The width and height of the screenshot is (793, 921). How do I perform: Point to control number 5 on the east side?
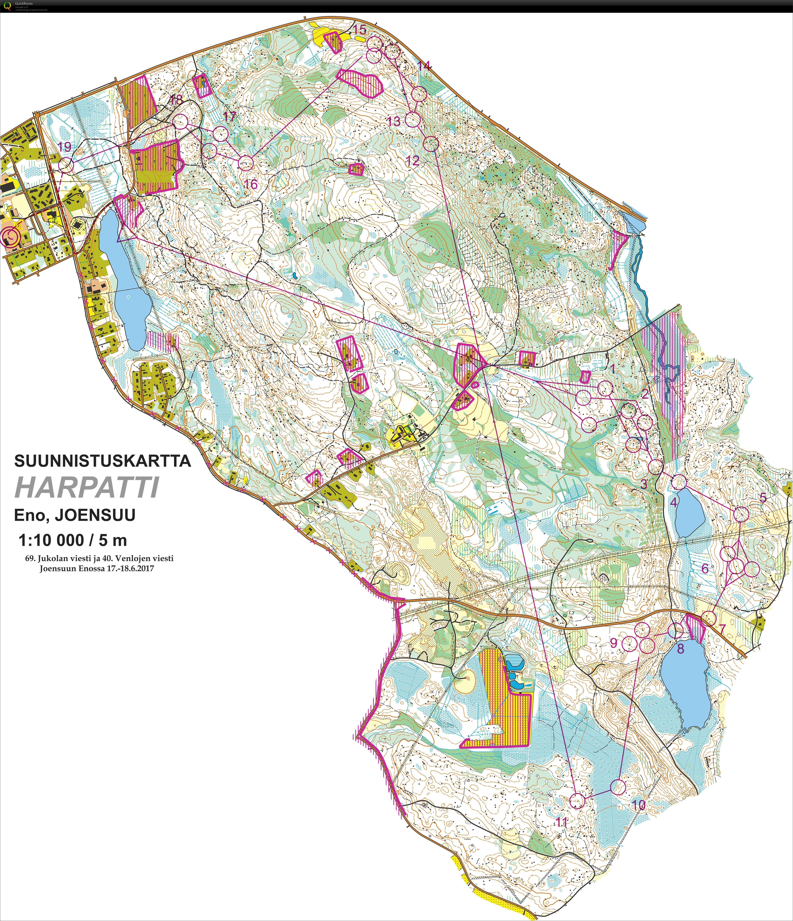pyautogui.click(x=763, y=498)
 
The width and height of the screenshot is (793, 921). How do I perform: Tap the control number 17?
pyautogui.click(x=229, y=117)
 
